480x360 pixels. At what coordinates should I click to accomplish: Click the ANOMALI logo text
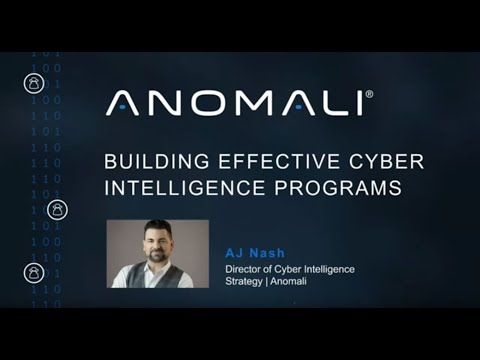click(x=235, y=102)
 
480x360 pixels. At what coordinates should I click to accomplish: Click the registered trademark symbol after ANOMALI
click(x=369, y=95)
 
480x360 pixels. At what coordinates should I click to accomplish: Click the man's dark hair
click(x=157, y=229)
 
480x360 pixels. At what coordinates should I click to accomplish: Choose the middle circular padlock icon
click(x=57, y=210)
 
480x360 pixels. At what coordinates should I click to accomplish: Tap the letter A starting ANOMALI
click(x=122, y=102)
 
